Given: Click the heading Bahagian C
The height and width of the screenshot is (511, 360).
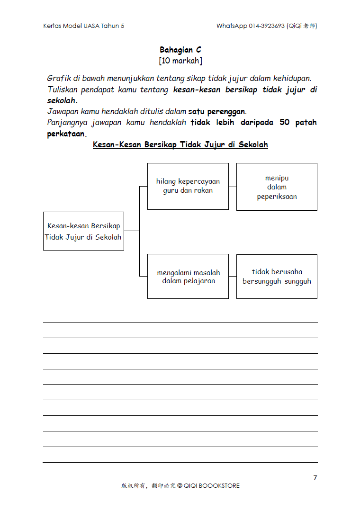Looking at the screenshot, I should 180,50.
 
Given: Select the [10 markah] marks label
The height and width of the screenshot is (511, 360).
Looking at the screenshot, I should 180,61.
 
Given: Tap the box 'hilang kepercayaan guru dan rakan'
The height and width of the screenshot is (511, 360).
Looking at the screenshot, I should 188,186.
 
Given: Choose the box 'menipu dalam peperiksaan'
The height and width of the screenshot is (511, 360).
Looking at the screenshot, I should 277,187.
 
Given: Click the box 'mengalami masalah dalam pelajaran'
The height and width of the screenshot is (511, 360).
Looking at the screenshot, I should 188,276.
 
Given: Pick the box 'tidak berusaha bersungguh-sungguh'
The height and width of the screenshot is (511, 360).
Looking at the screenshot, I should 277,276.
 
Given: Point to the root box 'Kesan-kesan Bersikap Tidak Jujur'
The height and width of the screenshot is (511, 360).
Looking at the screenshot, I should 83,231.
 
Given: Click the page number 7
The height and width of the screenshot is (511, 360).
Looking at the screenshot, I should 315,478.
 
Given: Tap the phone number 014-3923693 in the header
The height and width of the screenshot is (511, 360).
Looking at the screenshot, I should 267,26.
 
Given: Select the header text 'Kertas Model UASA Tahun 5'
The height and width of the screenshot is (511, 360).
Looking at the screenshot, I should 84,26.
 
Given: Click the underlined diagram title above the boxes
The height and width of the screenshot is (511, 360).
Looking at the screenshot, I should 180,144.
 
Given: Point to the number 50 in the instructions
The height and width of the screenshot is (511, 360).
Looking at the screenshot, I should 285,123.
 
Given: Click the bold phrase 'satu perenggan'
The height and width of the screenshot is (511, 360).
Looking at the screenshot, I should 216,112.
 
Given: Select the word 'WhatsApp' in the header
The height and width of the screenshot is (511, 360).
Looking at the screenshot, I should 232,26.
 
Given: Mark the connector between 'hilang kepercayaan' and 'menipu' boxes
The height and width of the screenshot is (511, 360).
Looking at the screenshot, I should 233,187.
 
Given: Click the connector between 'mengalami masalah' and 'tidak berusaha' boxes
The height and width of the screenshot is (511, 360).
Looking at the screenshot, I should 233,276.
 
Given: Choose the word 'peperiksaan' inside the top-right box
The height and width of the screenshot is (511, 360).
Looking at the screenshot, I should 277,197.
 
